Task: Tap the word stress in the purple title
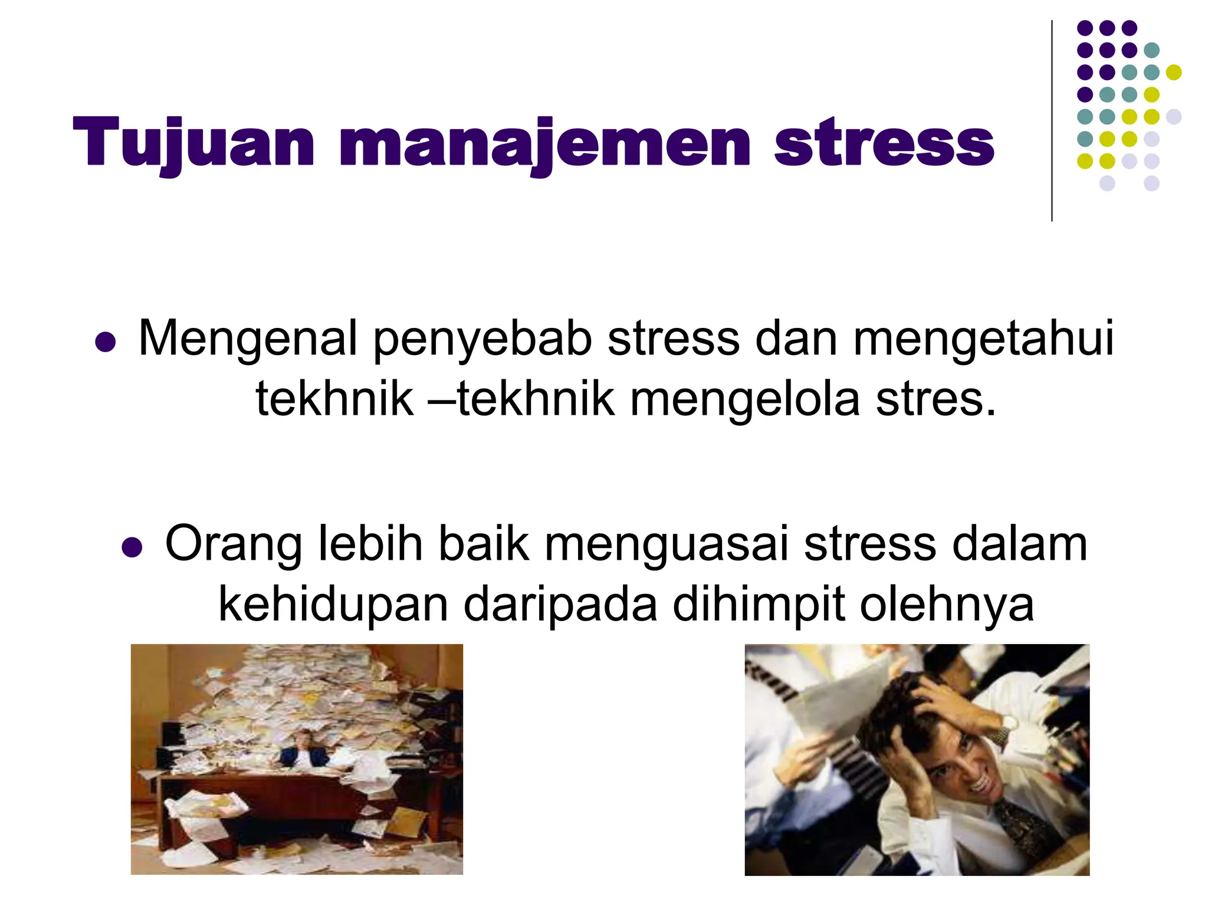[x=884, y=143]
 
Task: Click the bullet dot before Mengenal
[x=105, y=342]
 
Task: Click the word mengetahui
[x=983, y=339]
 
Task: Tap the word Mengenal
[x=248, y=339]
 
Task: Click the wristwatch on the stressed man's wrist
[x=999, y=733]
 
